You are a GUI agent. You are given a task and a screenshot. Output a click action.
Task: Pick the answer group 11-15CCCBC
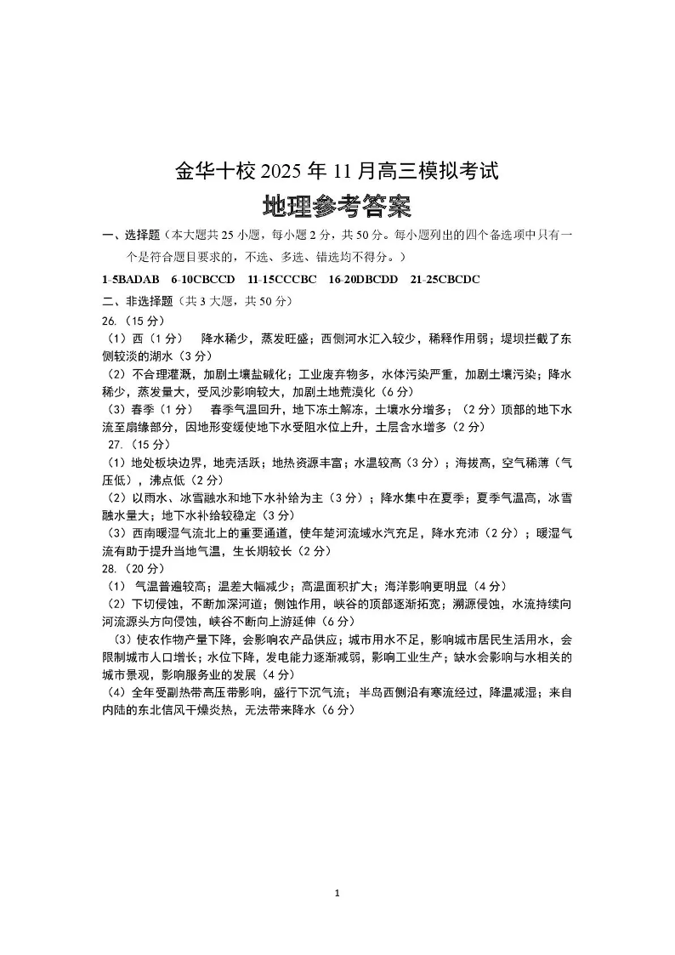[282, 279]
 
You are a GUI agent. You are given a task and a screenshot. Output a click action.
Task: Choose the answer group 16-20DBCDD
[363, 279]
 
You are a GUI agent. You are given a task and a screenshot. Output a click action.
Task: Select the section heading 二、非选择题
[137, 300]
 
